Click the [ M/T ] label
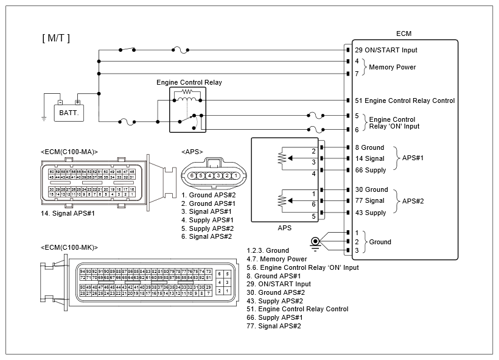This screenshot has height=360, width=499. [56, 38]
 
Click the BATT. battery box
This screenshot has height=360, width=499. [69, 113]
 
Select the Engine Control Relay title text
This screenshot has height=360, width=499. [189, 82]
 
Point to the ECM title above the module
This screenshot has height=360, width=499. [403, 34]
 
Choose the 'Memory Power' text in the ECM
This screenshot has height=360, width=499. [393, 68]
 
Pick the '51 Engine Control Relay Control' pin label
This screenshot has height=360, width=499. [405, 101]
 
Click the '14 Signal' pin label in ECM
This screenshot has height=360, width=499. [369, 158]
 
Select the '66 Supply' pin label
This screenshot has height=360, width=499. [371, 170]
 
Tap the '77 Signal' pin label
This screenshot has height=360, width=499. [369, 201]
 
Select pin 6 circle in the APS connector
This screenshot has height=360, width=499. [191, 175]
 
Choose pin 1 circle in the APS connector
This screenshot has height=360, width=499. [234, 175]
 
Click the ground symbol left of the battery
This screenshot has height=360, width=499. [44, 118]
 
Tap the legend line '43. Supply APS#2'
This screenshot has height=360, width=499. [274, 301]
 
